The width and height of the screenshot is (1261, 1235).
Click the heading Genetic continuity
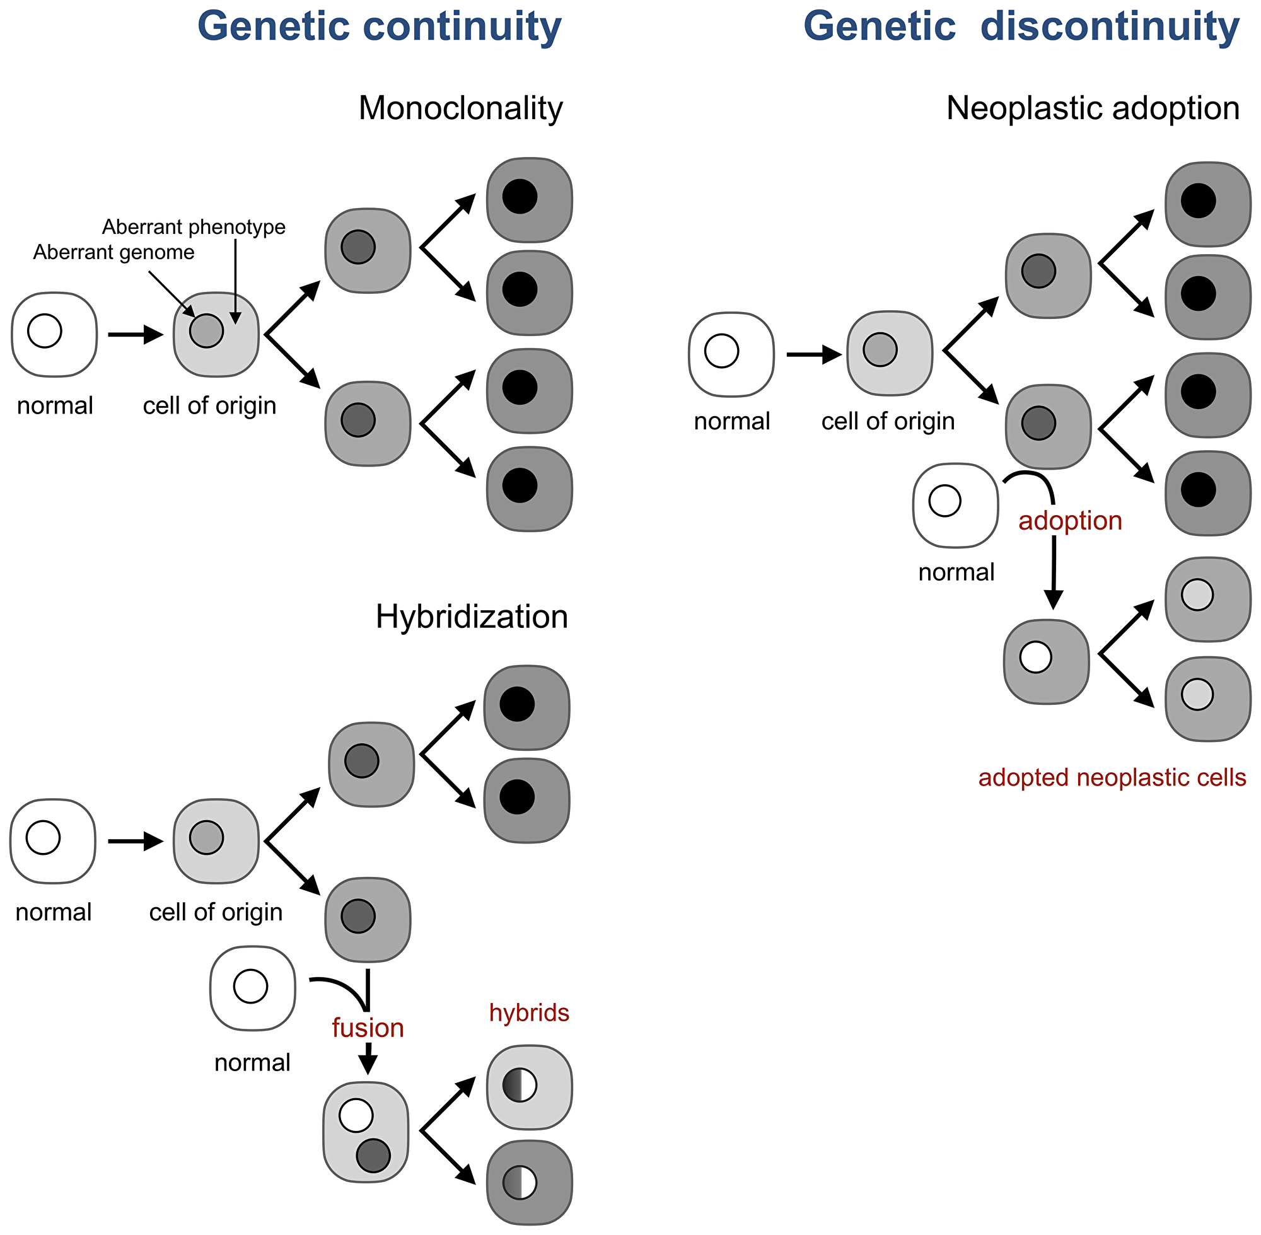tap(379, 27)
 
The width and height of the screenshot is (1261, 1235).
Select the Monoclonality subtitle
tap(460, 108)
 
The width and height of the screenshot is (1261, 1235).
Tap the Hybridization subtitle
tap(471, 616)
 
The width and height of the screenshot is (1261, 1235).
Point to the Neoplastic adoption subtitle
tap(1093, 108)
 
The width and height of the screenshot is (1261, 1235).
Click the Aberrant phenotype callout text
tap(194, 227)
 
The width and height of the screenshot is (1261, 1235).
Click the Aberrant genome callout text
tap(113, 252)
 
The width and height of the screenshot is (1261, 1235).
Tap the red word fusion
tap(367, 1028)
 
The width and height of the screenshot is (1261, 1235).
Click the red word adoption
tap(1070, 521)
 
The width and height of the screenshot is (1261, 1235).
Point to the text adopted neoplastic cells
tap(1111, 777)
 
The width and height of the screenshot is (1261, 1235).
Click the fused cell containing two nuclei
tap(366, 1132)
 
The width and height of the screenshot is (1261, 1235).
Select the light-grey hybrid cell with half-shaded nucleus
tap(528, 1087)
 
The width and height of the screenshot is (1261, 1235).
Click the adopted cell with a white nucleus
tap(1045, 661)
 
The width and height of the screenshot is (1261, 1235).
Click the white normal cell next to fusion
tap(252, 988)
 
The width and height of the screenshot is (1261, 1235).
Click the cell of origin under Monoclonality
tap(216, 334)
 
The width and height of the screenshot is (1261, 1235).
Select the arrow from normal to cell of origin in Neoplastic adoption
tap(813, 355)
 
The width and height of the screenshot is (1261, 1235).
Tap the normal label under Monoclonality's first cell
tap(55, 406)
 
